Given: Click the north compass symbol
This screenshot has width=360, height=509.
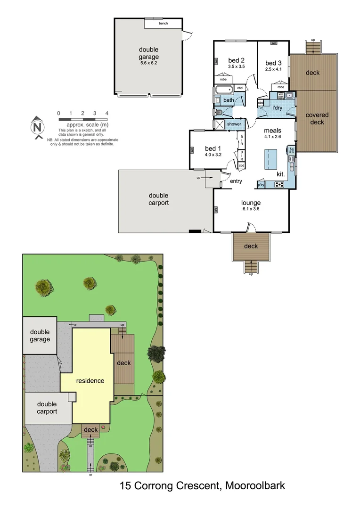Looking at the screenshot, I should [37, 127].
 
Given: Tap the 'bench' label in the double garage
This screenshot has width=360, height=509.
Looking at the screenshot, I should [163, 23].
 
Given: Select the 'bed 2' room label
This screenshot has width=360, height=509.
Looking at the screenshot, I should [236, 60].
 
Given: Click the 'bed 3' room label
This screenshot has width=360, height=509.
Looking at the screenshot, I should [273, 63].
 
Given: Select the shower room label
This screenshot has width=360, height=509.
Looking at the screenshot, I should [234, 124].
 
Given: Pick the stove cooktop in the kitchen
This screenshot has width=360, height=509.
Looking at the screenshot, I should [279, 184].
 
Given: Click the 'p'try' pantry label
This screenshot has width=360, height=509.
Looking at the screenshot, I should [262, 185].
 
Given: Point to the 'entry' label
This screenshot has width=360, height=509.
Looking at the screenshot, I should [236, 181].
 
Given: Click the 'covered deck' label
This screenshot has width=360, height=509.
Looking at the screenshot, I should [317, 118].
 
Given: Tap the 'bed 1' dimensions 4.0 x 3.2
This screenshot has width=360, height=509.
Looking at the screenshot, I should [213, 154].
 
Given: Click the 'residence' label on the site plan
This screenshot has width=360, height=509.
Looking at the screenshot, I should [90, 380].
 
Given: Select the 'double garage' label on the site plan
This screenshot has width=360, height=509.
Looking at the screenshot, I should [41, 336].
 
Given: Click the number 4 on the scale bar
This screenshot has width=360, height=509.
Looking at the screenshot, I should [107, 113].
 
